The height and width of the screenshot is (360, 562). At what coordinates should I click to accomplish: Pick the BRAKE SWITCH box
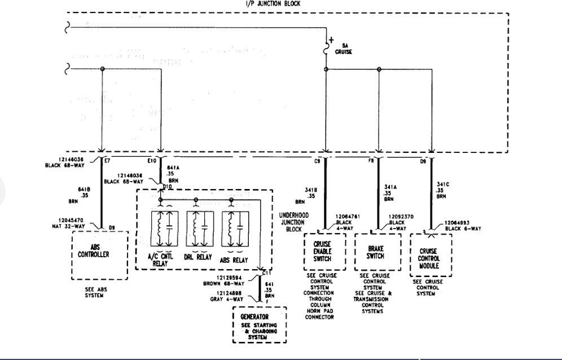coord(376,252)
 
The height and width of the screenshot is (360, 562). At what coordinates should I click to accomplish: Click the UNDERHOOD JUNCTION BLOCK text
coord(294,222)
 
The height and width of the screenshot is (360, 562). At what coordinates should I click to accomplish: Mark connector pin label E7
coord(107,160)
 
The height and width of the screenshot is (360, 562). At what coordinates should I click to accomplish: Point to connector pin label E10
coord(152,161)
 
